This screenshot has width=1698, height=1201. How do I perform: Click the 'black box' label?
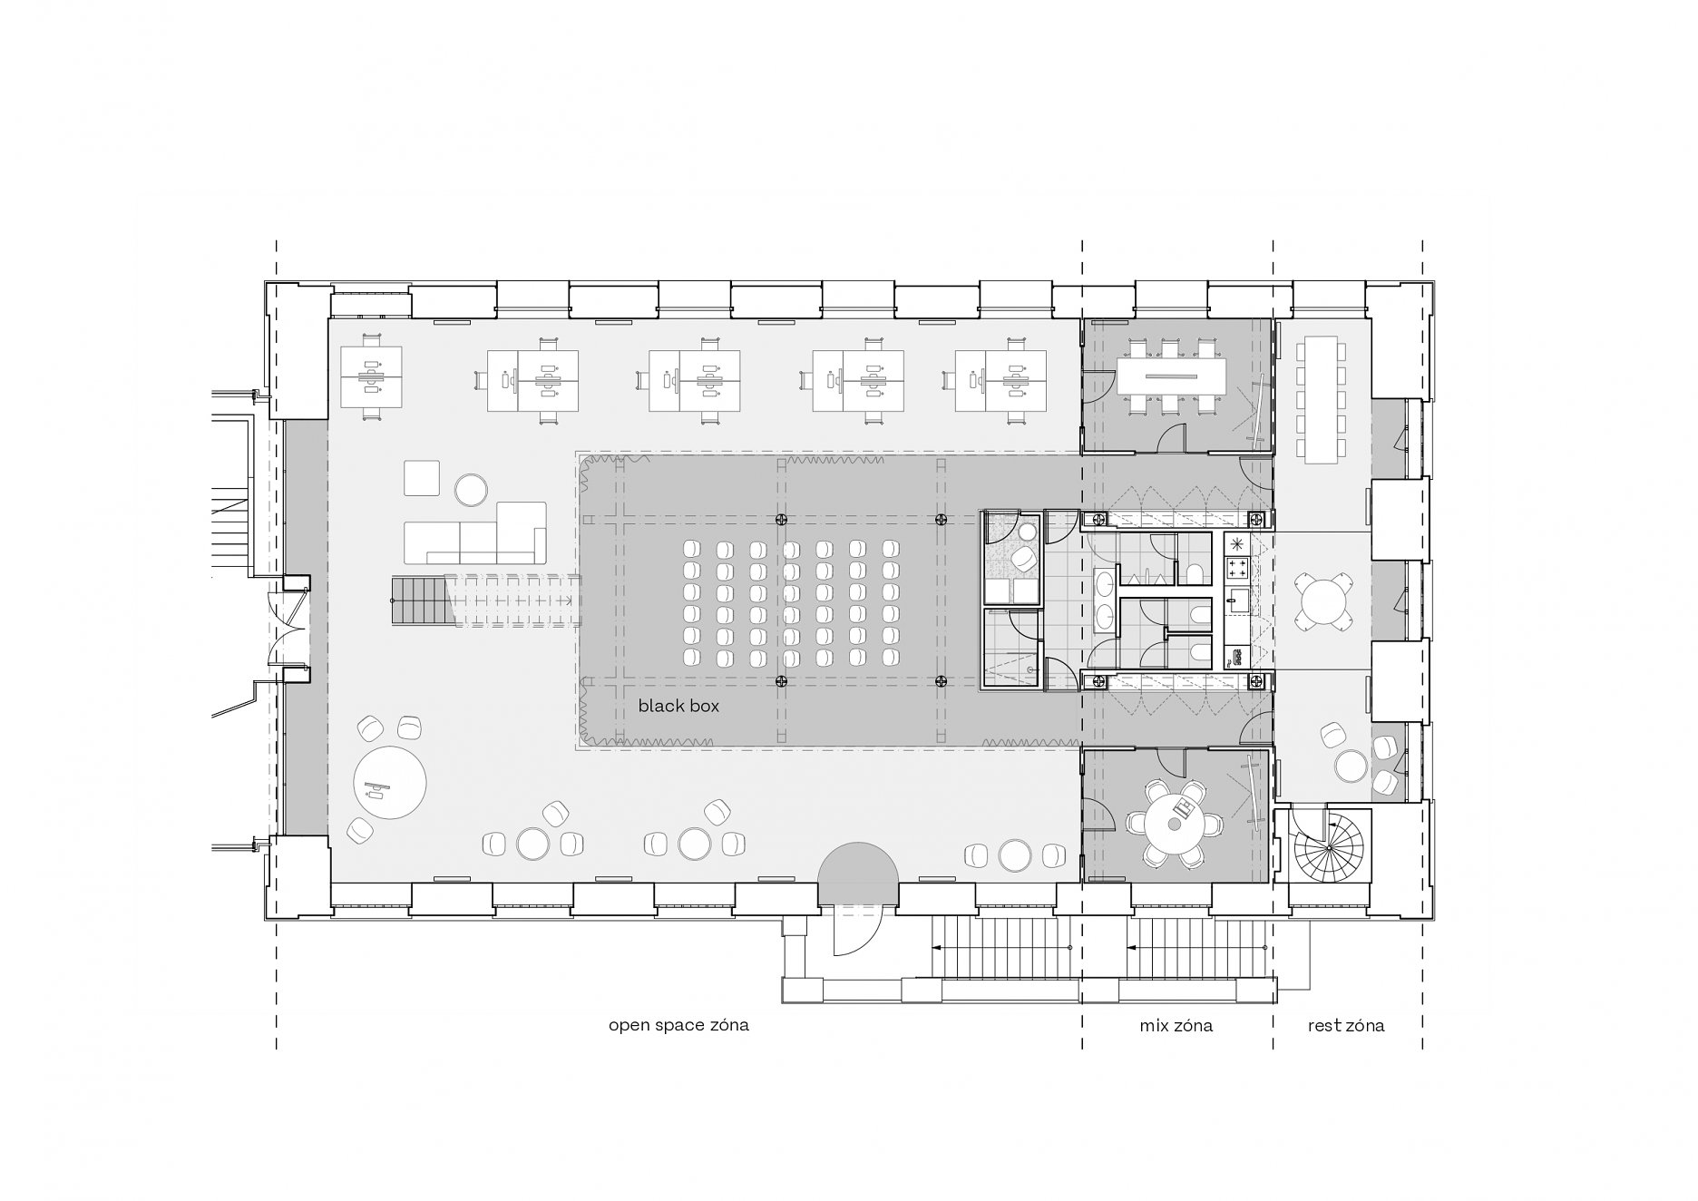click(x=678, y=705)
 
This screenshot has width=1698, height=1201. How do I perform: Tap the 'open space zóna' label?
click(x=678, y=1026)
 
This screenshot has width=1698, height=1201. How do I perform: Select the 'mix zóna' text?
click(x=1176, y=1026)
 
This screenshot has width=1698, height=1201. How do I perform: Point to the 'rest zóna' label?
click(x=1346, y=1026)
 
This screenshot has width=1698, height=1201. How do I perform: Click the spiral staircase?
click(x=1328, y=846)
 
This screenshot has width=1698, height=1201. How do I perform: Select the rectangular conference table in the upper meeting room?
click(x=1171, y=376)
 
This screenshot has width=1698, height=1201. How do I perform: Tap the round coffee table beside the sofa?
click(x=471, y=490)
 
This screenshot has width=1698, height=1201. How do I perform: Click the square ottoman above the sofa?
click(x=422, y=478)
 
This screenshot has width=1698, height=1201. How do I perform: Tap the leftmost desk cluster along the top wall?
click(x=371, y=376)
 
